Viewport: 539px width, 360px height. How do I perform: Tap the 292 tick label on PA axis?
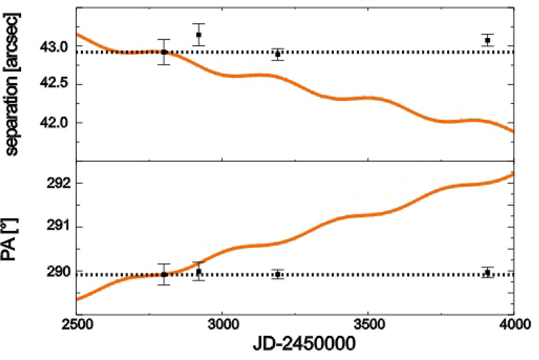click(x=59, y=184)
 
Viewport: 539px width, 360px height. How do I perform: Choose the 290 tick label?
click(x=59, y=272)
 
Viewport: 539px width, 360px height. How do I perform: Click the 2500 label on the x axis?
click(x=76, y=325)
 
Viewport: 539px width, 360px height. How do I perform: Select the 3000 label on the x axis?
click(x=222, y=325)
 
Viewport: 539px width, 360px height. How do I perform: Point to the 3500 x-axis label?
click(x=368, y=325)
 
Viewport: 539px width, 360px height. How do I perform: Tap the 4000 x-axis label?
click(x=513, y=325)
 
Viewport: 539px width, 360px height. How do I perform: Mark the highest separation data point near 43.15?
click(x=198, y=35)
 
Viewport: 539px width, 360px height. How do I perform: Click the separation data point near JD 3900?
click(x=488, y=40)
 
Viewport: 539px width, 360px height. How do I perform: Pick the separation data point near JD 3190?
click(x=278, y=54)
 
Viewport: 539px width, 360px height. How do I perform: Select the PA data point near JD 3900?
click(x=488, y=272)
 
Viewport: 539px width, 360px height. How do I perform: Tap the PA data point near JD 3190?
click(x=278, y=275)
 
